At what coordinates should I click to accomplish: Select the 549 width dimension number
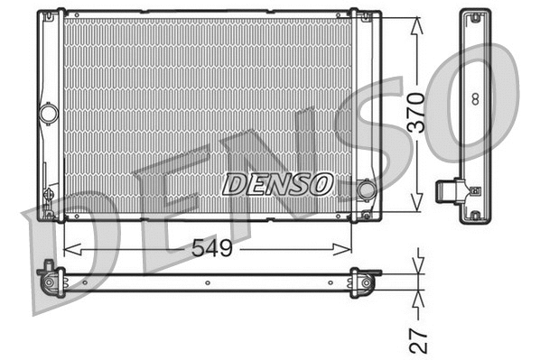209,249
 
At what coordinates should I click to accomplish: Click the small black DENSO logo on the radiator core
277,184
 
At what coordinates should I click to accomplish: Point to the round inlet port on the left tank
48,114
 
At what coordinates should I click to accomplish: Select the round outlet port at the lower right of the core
366,190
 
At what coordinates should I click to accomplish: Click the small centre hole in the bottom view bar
209,282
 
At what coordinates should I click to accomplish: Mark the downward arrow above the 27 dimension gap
416,264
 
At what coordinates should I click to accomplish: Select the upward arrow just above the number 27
416,299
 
